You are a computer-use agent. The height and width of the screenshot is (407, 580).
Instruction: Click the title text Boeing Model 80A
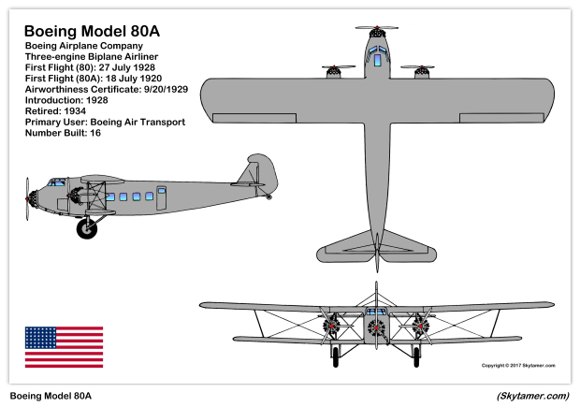(92, 31)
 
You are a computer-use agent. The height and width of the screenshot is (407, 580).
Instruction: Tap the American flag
(64, 347)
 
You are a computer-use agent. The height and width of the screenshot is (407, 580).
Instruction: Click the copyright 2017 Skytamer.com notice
(518, 366)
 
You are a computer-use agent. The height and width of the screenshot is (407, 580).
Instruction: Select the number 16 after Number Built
(95, 133)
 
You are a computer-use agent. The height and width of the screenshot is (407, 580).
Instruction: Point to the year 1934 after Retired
(75, 111)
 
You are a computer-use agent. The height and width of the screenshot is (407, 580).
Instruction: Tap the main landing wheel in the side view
(87, 228)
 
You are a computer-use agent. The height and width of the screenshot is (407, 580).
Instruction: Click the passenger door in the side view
(161, 198)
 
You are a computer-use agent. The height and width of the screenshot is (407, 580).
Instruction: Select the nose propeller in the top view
(377, 27)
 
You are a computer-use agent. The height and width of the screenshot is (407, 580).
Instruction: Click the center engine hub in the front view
(376, 327)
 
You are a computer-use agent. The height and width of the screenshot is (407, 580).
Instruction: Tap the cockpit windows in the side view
(56, 182)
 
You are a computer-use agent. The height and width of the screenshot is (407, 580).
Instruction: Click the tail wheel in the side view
(268, 197)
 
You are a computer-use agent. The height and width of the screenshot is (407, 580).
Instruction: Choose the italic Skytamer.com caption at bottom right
(533, 396)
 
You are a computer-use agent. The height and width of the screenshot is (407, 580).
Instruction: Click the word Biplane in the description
(103, 57)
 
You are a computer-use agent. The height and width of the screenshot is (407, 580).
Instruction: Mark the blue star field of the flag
(40, 338)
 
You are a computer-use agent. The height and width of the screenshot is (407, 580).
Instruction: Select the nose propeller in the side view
(27, 199)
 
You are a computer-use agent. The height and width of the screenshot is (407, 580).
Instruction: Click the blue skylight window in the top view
(377, 60)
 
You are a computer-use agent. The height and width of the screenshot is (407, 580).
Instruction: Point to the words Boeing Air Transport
(138, 122)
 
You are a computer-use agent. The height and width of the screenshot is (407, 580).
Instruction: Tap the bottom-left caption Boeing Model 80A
(51, 396)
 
